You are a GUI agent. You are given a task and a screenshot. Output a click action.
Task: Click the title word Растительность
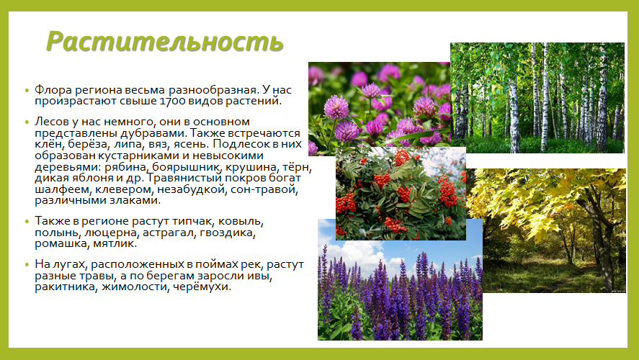[165, 42]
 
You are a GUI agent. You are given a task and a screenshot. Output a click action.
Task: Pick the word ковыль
[241, 222]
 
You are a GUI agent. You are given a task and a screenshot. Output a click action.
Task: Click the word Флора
[53, 89]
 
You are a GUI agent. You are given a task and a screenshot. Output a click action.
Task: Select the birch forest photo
[537, 98]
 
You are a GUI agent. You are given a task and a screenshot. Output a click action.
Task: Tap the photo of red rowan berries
[401, 194]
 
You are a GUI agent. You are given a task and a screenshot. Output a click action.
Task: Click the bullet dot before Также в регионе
[27, 222]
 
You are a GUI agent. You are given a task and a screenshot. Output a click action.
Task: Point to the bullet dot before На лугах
[27, 265]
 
